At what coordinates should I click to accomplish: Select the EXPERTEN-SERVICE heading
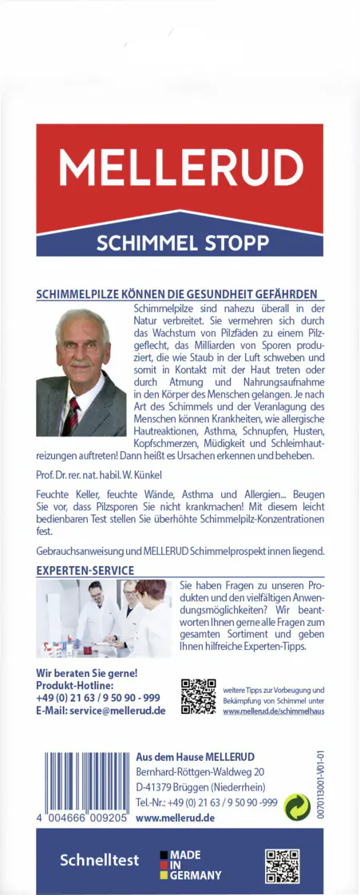click(x=85, y=570)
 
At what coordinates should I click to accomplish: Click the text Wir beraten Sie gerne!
click(x=87, y=673)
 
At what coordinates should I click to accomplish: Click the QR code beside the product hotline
click(x=199, y=696)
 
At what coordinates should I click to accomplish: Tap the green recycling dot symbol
click(x=298, y=807)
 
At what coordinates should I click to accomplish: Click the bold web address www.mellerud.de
click(x=176, y=818)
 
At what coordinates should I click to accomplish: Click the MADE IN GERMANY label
click(x=191, y=865)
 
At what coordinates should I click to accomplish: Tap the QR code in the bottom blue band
click(x=282, y=866)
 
